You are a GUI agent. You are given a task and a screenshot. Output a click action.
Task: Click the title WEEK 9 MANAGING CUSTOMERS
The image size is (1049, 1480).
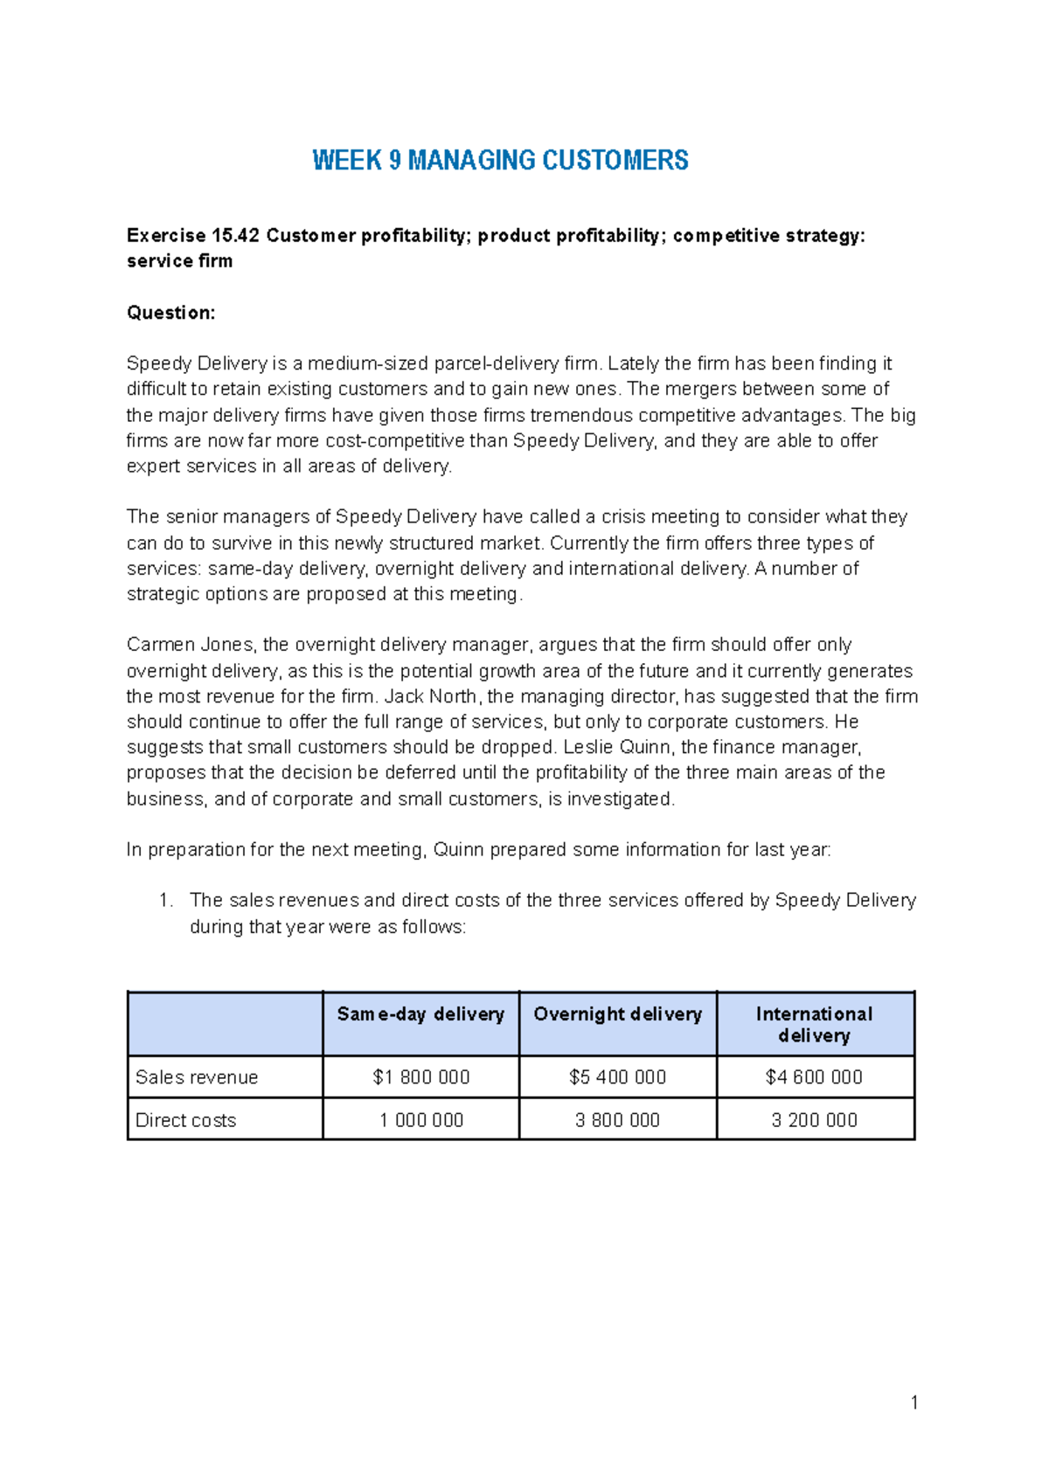[500, 161]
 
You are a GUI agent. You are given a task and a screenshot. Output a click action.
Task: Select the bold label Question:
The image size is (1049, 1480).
[170, 313]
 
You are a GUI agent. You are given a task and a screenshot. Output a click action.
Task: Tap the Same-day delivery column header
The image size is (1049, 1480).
[420, 1014]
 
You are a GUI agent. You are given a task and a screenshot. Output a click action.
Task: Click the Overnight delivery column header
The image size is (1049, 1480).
[617, 1014]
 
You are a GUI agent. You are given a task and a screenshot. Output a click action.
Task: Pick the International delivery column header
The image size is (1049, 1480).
[814, 1025]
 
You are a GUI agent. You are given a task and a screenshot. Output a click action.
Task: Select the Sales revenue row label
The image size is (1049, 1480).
[197, 1077]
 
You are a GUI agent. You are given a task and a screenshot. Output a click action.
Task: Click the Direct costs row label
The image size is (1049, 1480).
[185, 1120]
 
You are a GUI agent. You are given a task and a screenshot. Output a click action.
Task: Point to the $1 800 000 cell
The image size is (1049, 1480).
[420, 1077]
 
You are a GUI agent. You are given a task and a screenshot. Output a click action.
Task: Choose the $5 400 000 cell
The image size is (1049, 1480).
[617, 1077]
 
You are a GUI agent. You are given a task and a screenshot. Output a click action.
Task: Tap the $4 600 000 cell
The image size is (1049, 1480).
[814, 1077]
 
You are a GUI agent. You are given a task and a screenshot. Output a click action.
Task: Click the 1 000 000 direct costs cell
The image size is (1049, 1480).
[420, 1120]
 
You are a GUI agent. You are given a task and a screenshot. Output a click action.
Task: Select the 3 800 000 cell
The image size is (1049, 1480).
[617, 1120]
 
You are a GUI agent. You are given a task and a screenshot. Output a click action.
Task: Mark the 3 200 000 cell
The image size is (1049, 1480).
[814, 1120]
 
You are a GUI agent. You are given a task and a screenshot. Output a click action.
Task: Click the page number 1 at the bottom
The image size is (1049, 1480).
[914, 1403]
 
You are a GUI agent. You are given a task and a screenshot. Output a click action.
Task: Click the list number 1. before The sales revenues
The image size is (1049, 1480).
[166, 901]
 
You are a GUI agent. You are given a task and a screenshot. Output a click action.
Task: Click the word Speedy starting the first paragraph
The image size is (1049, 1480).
[158, 363]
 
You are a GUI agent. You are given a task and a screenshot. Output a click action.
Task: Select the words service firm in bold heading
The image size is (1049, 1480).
[179, 261]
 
